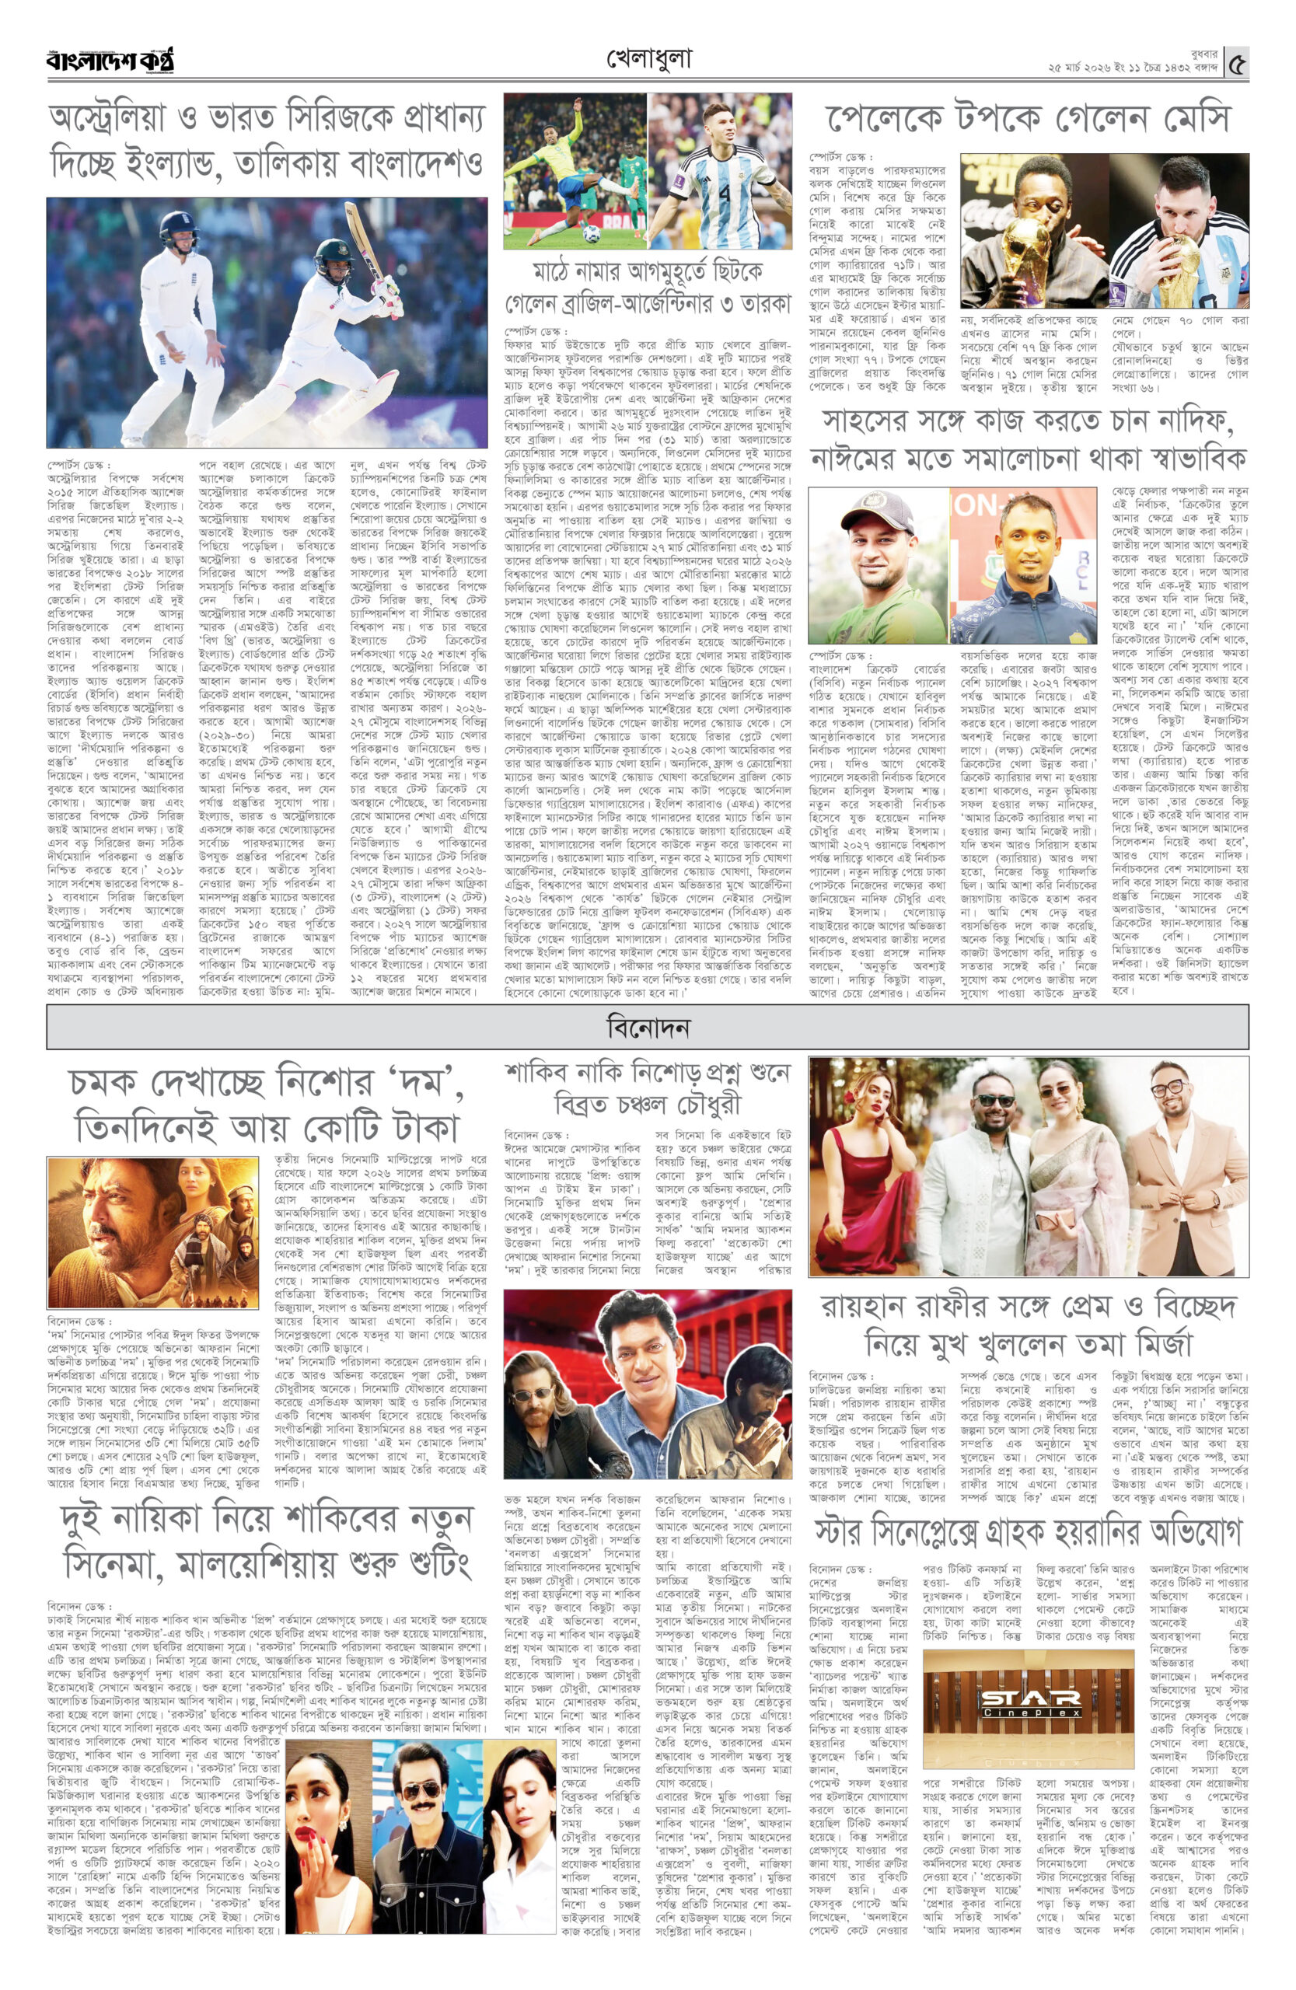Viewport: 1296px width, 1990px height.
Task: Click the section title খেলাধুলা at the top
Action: (648, 58)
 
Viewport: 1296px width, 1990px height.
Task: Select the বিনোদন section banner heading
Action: (648, 1027)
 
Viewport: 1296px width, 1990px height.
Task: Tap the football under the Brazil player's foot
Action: (590, 233)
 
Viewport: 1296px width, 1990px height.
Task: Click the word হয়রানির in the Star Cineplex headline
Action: (1099, 1533)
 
